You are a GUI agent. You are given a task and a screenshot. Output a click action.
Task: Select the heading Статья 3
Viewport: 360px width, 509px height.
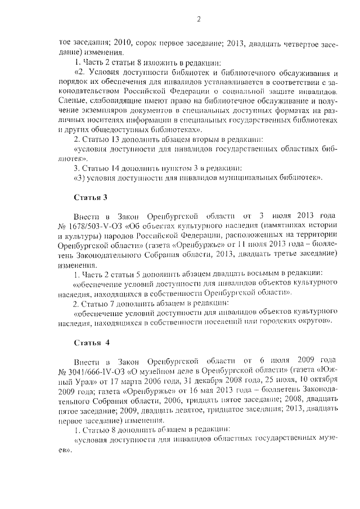click(90, 197)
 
